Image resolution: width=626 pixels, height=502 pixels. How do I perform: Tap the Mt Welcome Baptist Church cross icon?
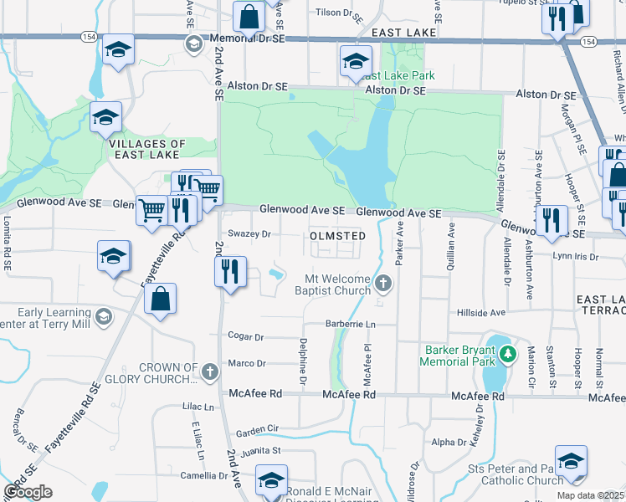point(383,283)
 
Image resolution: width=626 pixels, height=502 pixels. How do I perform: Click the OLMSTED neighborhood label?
point(337,236)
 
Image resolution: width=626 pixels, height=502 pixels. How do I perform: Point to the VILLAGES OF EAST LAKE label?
point(148,149)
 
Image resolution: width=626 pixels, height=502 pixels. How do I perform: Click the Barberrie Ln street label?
point(350,324)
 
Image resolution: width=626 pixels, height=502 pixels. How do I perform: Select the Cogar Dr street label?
point(246,336)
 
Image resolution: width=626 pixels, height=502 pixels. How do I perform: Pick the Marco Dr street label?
point(247,364)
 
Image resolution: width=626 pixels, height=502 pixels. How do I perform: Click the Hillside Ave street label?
point(481,312)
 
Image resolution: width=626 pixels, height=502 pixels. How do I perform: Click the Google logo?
point(28,492)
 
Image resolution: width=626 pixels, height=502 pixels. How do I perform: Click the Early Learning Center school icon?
point(103,315)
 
